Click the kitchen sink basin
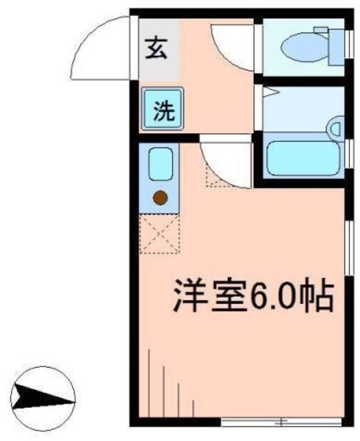[x=160, y=164]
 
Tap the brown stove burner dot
[x=160, y=198]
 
